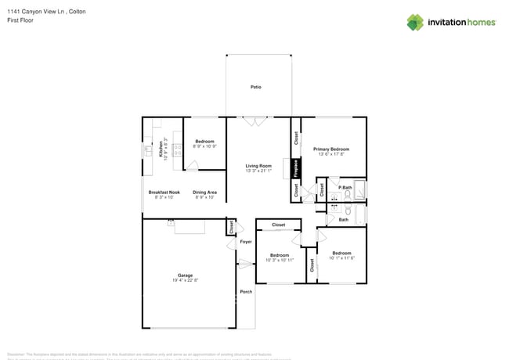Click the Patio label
tap(256, 87)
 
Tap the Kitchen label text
tap(161, 148)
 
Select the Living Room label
tap(258, 165)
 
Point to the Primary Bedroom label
tap(330, 149)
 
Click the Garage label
tap(185, 275)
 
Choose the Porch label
tap(246, 291)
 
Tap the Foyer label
tap(246, 242)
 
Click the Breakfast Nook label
tap(164, 192)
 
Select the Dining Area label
tap(205, 192)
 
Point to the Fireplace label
tap(296, 168)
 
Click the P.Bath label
tap(345, 188)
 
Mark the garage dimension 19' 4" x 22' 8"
tap(185, 280)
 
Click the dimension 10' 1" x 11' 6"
tap(341, 258)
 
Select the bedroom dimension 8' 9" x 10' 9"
tap(204, 146)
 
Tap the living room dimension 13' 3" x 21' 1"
tap(258, 171)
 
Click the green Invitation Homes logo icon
tap(415, 23)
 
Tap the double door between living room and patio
tap(254, 121)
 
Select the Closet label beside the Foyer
tap(231, 227)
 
